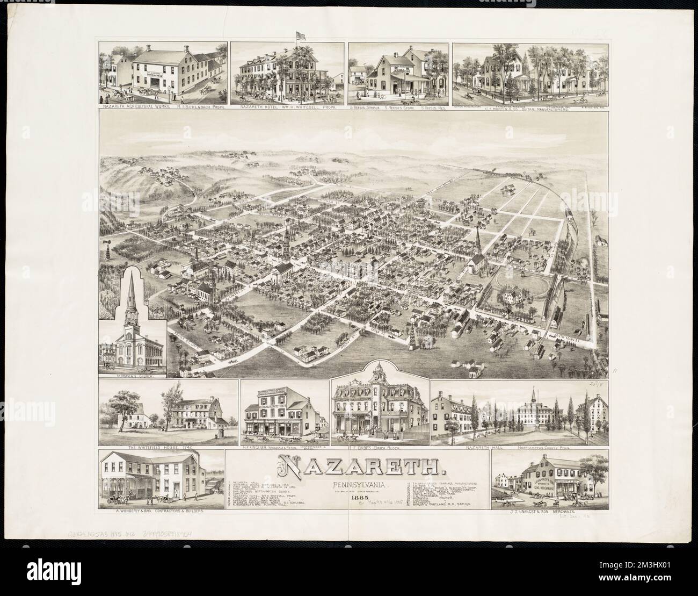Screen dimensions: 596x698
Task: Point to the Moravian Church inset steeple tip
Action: (x=133, y=271)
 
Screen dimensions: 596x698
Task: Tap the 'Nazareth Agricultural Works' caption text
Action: (x=128, y=107)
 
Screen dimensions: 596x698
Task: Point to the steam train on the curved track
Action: (x=568, y=214)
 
